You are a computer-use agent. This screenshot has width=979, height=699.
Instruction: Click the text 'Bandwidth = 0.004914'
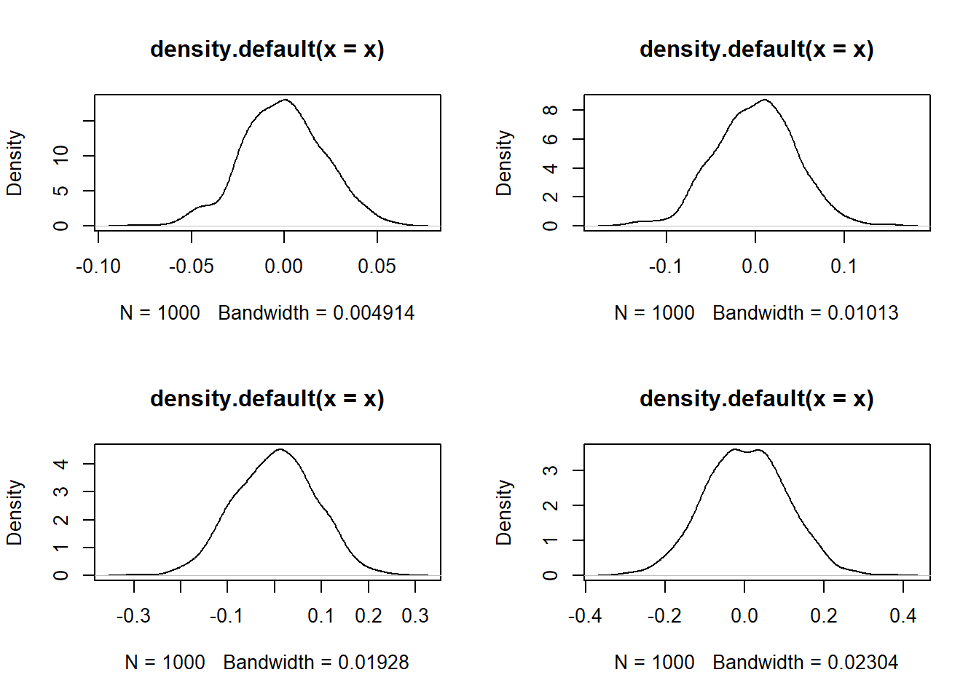[316, 313]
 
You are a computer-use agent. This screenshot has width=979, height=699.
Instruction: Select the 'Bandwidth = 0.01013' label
[806, 313]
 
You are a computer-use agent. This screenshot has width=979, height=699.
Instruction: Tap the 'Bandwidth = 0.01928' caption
[316, 663]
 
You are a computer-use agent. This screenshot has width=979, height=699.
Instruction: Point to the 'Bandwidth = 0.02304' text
[806, 663]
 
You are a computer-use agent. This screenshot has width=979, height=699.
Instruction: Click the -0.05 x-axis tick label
[192, 266]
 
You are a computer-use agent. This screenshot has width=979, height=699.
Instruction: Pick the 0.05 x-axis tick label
[377, 266]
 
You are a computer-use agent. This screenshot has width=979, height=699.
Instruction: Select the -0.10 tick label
[98, 266]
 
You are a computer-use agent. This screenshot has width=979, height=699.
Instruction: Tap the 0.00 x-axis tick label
[284, 266]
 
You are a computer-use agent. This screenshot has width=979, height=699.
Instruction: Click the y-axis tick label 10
[61, 155]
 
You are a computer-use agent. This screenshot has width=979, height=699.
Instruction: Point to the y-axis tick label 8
[551, 110]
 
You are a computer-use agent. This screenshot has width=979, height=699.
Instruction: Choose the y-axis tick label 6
[551, 139]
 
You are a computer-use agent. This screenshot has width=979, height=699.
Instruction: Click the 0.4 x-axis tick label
[903, 616]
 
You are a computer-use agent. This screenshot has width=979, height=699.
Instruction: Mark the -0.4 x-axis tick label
[585, 616]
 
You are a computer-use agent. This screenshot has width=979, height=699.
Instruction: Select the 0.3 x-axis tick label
[415, 616]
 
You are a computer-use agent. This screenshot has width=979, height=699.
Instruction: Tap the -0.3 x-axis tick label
[133, 616]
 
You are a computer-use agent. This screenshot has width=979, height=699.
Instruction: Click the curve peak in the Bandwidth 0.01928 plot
[280, 449]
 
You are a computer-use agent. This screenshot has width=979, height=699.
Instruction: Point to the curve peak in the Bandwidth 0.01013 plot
[765, 100]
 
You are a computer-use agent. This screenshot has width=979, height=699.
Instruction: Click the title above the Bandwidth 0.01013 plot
[757, 50]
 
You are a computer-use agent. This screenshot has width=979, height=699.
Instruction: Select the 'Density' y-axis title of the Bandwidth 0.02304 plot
[504, 512]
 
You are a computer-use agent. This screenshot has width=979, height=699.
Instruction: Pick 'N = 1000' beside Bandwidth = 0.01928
[165, 663]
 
